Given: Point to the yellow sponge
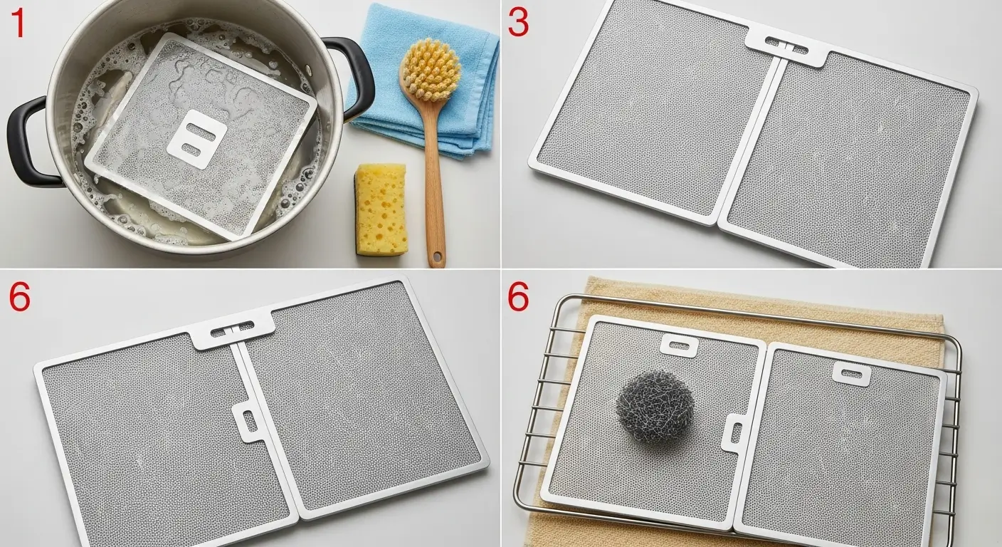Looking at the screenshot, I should coord(381,209).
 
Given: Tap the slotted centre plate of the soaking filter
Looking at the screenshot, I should coord(196,140).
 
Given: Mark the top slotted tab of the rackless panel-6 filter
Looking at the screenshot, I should coord(232,328).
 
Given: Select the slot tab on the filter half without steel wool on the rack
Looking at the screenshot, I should coord(852,373).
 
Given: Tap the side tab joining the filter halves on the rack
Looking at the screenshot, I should coord(734,434).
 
